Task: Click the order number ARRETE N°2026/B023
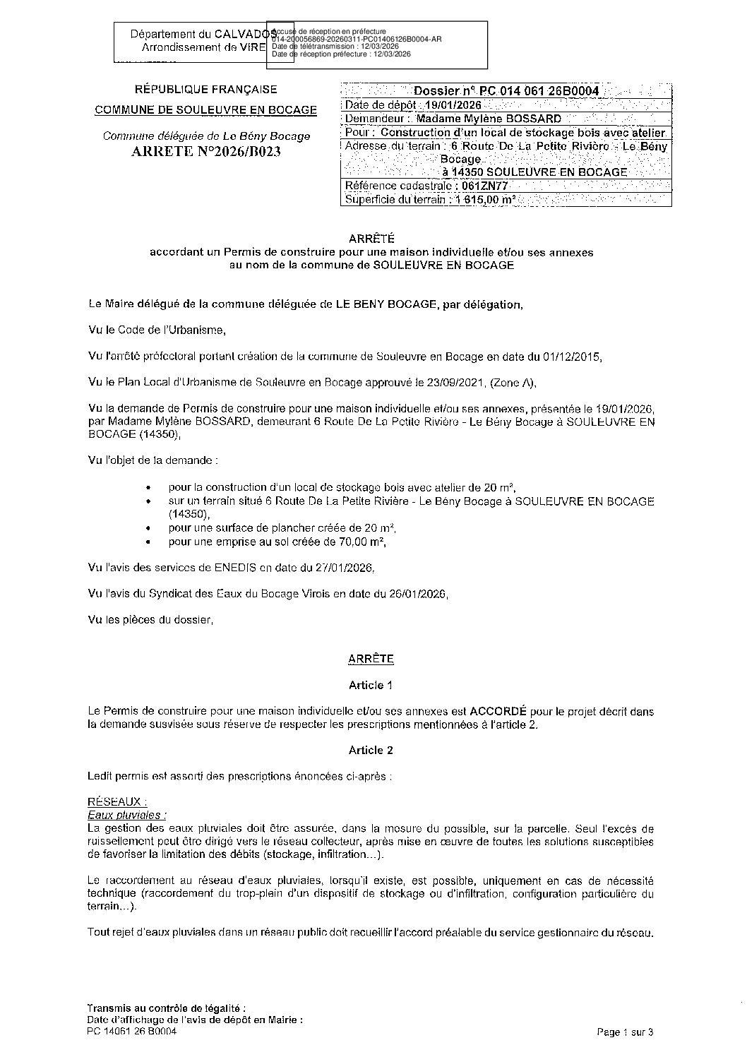tap(205, 152)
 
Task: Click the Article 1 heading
tap(370, 685)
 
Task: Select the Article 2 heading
tap(370, 750)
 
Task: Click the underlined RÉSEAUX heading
tap(116, 802)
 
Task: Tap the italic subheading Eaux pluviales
tap(126, 815)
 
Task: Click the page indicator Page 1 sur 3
tap(625, 1032)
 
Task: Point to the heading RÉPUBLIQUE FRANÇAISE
tap(205, 90)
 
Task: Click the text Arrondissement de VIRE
tap(203, 48)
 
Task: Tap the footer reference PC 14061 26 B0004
tap(131, 1031)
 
